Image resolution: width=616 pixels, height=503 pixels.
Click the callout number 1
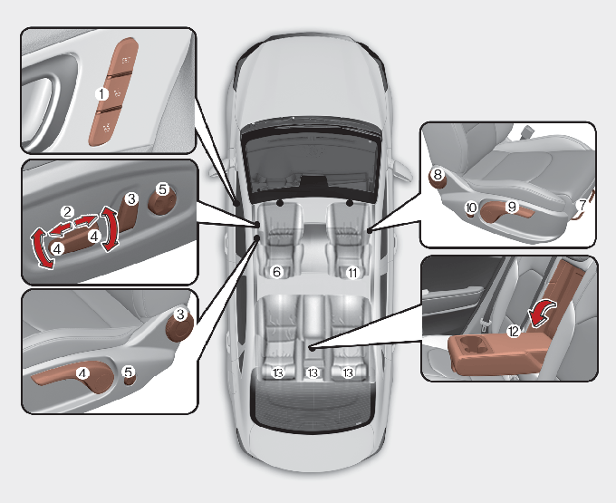[x=102, y=92]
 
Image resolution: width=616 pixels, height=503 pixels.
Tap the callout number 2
[x=67, y=211]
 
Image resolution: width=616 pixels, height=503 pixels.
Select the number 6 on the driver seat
[x=278, y=271]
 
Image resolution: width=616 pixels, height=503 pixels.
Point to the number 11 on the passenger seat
[x=353, y=271]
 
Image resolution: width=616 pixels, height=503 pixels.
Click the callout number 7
[x=582, y=207]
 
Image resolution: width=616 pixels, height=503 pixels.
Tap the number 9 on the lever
[x=511, y=207]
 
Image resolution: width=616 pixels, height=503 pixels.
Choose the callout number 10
[x=471, y=208]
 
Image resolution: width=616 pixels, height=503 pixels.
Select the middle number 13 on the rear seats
[x=313, y=372]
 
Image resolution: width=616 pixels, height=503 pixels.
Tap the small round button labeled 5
[x=129, y=373]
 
